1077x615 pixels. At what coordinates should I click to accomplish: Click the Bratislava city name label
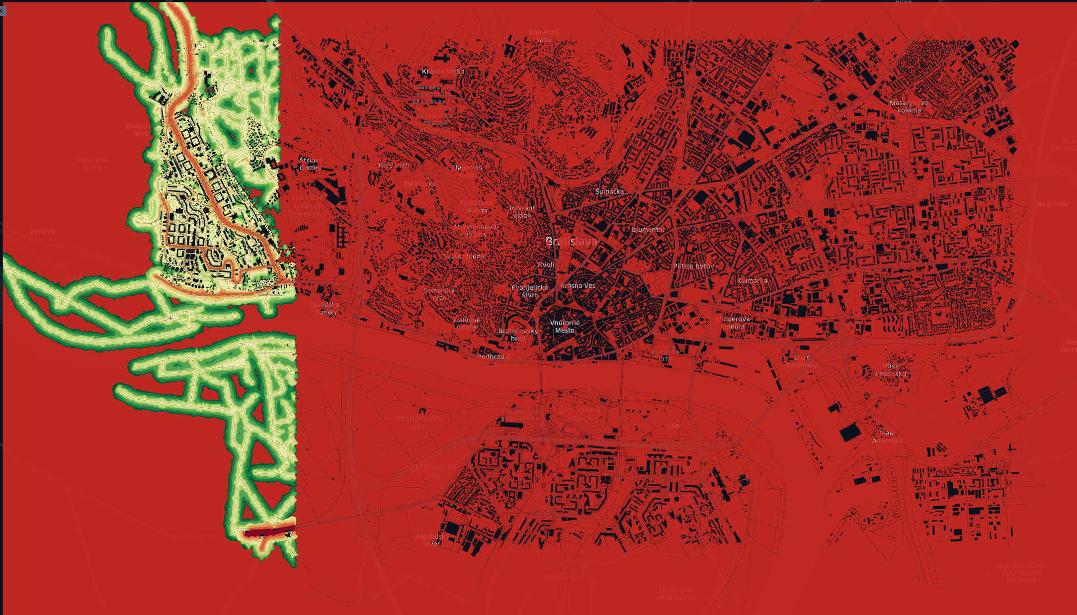[x=571, y=242]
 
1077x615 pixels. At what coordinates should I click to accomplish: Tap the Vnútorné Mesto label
[x=565, y=327]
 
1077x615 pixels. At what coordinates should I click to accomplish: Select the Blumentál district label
[x=648, y=230]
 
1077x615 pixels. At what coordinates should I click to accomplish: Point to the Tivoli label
[x=546, y=265]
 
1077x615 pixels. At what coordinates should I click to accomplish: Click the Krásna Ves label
[x=578, y=286]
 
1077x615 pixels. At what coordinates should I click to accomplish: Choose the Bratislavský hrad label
[x=518, y=335]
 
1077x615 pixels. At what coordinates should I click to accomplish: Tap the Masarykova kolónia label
[x=909, y=107]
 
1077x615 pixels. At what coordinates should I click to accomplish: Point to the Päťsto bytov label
[x=694, y=266]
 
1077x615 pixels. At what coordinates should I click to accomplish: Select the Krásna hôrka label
[x=444, y=72]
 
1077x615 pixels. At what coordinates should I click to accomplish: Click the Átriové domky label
[x=310, y=164]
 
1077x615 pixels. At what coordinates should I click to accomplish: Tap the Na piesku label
[x=1052, y=204]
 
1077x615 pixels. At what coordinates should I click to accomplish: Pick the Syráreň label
[x=43, y=232]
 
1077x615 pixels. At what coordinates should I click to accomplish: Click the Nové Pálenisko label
[x=891, y=369]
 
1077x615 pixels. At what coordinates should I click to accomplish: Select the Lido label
[x=672, y=426]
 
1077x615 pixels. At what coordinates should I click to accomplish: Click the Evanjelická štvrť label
[x=530, y=291]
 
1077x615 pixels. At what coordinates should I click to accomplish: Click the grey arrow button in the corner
[x=2, y=10]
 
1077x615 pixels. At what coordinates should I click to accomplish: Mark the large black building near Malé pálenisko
[x=850, y=432]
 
